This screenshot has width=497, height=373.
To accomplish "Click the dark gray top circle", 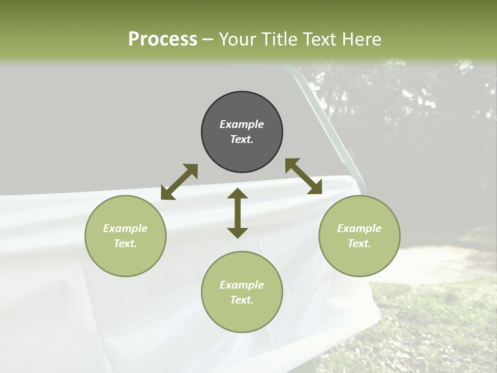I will (242, 132).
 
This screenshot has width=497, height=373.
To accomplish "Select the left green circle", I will (125, 236).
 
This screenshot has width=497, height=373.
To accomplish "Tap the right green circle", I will (359, 236).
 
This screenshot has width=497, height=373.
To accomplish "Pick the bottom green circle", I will (242, 292).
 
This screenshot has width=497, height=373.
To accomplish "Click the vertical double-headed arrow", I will (238, 213).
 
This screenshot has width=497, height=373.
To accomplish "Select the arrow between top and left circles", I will (179, 182).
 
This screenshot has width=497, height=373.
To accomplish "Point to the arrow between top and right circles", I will (304, 176).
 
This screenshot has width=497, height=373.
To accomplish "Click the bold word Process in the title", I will (163, 39).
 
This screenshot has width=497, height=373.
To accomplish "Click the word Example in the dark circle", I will (242, 124).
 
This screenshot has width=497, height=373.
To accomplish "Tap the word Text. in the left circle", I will (125, 243).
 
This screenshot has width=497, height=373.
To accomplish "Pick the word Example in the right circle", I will (359, 228).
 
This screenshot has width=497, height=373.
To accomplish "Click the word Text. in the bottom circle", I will (242, 300).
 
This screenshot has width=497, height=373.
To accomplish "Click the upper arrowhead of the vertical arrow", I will (238, 193).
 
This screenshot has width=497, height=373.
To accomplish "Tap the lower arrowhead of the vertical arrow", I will (238, 233).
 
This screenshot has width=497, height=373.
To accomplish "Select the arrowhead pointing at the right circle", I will (316, 188).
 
